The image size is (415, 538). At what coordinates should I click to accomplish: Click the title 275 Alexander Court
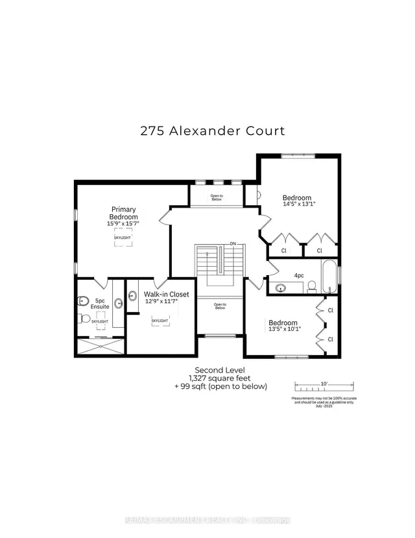(213, 130)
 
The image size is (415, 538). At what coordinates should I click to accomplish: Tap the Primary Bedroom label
(123, 213)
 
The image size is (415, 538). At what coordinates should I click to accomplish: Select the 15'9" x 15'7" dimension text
(123, 223)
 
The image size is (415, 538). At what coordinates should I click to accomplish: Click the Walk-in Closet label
(167, 294)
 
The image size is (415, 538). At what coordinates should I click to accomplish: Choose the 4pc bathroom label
(299, 275)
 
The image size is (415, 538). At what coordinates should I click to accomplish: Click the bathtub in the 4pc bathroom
(329, 275)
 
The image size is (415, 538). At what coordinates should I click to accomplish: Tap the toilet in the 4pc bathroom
(311, 286)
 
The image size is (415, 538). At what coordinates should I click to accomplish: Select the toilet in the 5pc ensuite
(83, 318)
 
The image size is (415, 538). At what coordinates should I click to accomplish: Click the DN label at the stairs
(232, 244)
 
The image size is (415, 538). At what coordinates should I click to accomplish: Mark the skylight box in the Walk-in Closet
(160, 321)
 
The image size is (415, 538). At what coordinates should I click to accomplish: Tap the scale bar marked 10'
(323, 383)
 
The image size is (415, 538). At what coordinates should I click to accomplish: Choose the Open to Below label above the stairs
(216, 197)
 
